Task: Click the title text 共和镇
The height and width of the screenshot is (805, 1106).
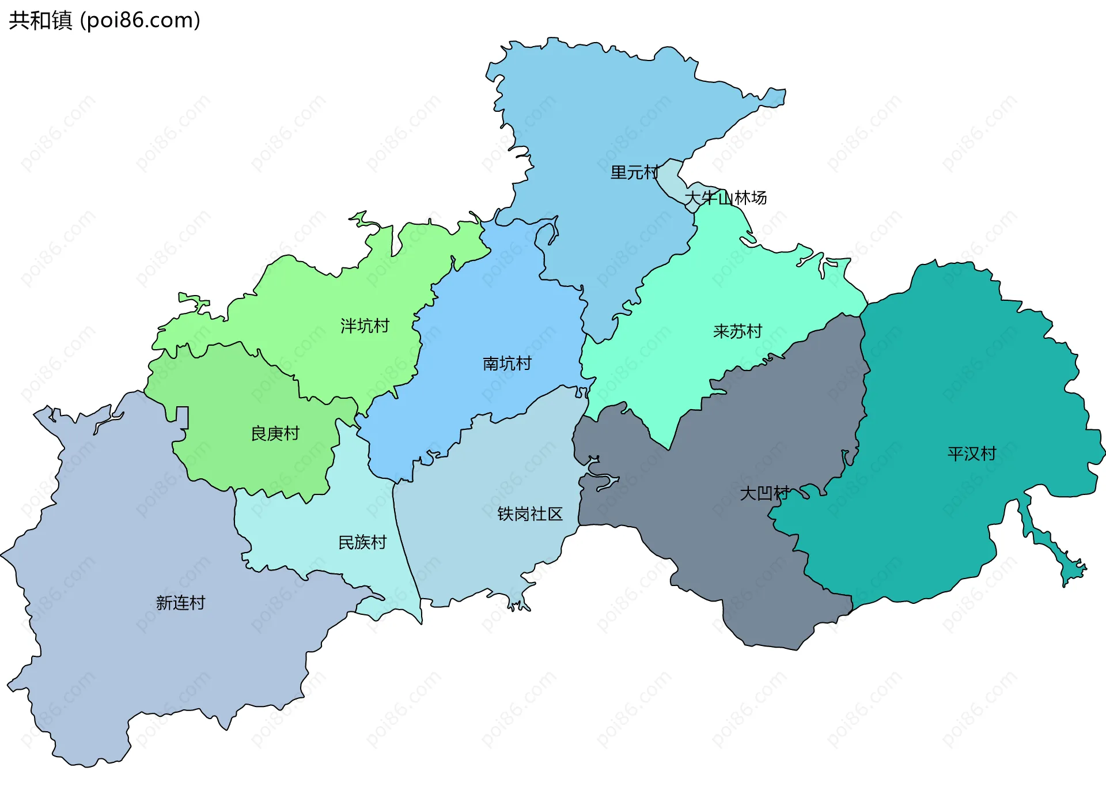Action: [40, 21]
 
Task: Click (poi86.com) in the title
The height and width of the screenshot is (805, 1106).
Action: [140, 21]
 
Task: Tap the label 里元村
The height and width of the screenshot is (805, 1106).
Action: [634, 172]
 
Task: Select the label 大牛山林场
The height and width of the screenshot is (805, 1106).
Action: [725, 198]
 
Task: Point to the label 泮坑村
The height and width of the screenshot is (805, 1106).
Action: [365, 326]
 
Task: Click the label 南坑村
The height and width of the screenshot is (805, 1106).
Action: [507, 364]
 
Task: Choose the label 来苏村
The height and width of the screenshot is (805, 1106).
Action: [737, 331]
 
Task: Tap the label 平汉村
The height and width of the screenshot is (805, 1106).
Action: [972, 454]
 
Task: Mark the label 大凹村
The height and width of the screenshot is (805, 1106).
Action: [764, 493]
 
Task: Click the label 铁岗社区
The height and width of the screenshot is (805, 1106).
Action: [530, 514]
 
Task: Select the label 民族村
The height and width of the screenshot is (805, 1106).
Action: [362, 542]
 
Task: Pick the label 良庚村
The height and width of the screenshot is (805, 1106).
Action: [275, 433]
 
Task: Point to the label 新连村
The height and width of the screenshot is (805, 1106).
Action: [181, 603]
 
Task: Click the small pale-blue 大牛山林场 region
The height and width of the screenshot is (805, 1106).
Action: [672, 179]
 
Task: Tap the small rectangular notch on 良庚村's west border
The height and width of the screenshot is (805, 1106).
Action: [182, 416]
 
